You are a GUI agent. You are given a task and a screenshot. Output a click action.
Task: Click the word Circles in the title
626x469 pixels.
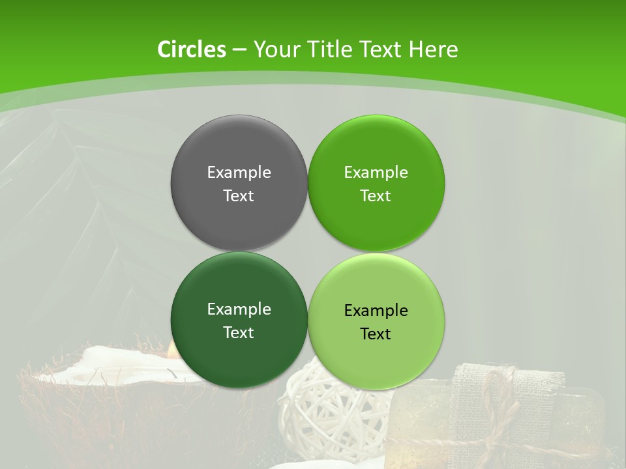[x=192, y=50]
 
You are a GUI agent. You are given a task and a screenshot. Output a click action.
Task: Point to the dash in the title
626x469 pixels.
[x=239, y=50]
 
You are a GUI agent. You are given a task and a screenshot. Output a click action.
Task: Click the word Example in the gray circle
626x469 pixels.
[x=239, y=172]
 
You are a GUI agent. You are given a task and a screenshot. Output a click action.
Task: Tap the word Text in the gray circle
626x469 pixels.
[x=239, y=195]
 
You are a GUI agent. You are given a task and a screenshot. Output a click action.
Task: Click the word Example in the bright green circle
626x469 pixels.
[x=376, y=172]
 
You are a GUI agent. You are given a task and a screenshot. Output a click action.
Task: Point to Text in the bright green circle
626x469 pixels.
[x=376, y=195]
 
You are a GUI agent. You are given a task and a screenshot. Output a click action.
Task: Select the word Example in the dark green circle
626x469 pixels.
[x=239, y=309]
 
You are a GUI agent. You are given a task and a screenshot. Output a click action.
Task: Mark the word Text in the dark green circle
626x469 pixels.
[x=239, y=332]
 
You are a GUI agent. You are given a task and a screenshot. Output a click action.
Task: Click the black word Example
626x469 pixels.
[x=376, y=310]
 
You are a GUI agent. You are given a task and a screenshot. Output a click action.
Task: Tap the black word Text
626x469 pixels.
[x=376, y=334]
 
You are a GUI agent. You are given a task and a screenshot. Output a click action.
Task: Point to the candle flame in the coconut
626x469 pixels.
[x=173, y=350]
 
